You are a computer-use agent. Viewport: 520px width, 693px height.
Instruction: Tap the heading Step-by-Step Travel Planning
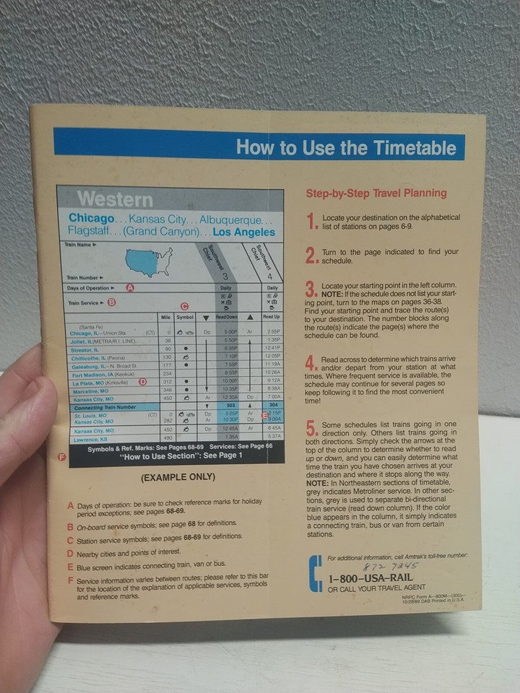376,193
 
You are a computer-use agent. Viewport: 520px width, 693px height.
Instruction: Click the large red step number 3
311,290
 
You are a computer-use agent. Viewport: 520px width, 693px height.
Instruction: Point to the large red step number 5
311,429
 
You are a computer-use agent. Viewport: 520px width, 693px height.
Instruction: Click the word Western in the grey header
115,199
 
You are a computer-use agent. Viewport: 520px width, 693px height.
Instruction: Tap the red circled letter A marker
131,287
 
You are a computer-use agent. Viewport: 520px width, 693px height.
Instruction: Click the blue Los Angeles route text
244,232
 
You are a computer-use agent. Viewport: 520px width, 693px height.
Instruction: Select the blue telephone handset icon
315,574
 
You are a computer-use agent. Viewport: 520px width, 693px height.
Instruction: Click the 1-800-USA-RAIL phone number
370,579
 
